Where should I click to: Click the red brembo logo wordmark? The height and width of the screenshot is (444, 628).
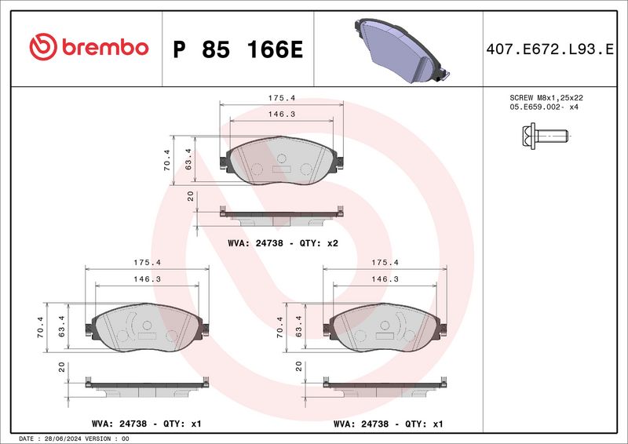coord(105,47)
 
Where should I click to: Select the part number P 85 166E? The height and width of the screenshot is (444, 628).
coord(238,49)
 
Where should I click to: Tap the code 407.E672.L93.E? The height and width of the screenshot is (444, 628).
coord(549,49)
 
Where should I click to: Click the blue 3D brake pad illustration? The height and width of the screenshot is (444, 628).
coord(401,50)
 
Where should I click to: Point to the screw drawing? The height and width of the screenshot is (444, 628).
coord(545,136)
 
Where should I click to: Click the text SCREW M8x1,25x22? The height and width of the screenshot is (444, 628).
coord(546,98)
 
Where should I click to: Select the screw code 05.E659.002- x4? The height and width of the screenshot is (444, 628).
coord(544,107)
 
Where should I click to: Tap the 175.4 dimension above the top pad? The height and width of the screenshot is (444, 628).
coord(282,98)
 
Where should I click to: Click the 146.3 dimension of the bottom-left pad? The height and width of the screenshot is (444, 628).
coord(147,279)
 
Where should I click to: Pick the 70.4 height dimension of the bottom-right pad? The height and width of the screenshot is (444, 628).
coord(279,327)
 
